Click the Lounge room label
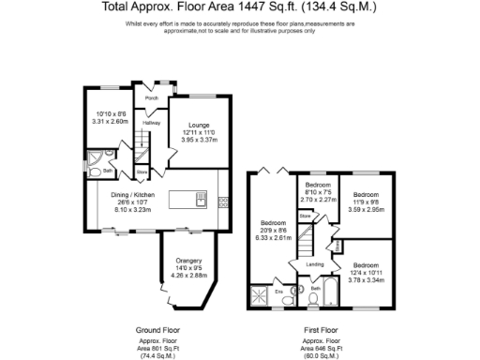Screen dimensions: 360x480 198,125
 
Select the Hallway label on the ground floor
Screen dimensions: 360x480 151,122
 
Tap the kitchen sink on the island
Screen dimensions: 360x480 201,199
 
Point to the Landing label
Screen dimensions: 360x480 315,265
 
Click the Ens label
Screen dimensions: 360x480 278,292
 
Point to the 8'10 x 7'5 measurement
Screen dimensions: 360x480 317,191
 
